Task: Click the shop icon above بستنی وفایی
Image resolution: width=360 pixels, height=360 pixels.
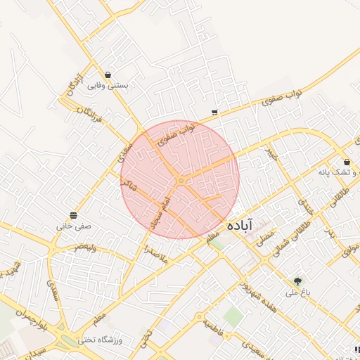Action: (x=108, y=75)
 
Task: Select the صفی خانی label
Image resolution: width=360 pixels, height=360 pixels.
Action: (x=75, y=226)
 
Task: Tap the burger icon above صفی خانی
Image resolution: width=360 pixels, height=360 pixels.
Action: (x=74, y=215)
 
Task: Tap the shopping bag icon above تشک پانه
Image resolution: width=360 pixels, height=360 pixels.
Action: (x=347, y=162)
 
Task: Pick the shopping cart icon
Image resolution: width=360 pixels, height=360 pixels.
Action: (x=214, y=112)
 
